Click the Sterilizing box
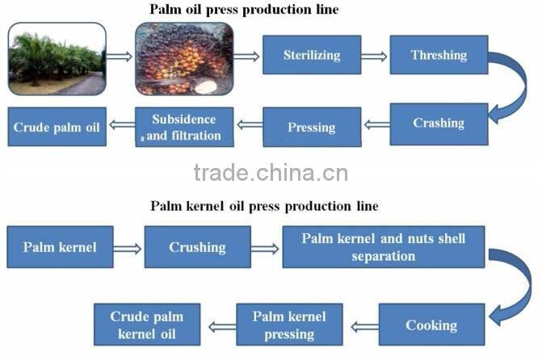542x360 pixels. click(311, 56)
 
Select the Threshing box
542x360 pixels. click(439, 56)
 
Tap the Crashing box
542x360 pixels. click(439, 123)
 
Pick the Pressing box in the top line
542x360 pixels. click(311, 128)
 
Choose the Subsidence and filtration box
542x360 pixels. click(184, 128)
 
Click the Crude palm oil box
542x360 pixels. click(57, 128)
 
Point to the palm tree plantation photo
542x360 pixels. click(57, 58)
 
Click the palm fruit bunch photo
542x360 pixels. click(184, 58)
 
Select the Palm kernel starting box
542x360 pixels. click(60, 247)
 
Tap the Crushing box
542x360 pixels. click(197, 247)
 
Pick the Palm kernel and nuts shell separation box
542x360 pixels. click(384, 247)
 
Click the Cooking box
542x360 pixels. click(431, 325)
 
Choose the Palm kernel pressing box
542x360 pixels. click(289, 325)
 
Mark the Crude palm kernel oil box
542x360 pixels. click(146, 325)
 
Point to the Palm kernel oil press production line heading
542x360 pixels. click(264, 206)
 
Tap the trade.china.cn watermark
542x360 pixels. click(271, 172)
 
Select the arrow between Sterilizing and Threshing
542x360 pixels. click(374, 57)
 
